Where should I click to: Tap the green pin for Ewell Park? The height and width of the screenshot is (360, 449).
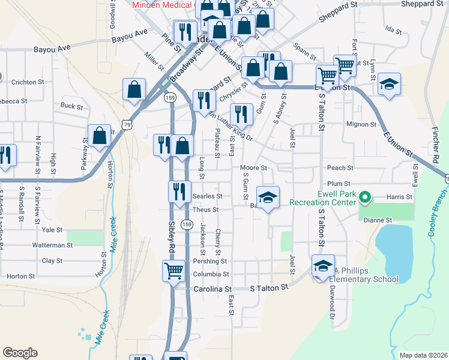364,196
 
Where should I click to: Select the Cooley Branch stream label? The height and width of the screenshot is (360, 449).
437,212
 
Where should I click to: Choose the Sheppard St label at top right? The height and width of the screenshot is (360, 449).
423,4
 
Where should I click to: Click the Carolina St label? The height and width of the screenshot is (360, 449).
211,289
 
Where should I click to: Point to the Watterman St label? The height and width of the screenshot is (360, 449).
52,245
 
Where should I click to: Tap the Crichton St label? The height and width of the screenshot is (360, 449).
28,82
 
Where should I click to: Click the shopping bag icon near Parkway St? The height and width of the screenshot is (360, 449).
100,135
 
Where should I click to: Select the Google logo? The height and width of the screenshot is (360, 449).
20,353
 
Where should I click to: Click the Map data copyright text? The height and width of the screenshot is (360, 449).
423,355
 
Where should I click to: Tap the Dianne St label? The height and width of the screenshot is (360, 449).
378,220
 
